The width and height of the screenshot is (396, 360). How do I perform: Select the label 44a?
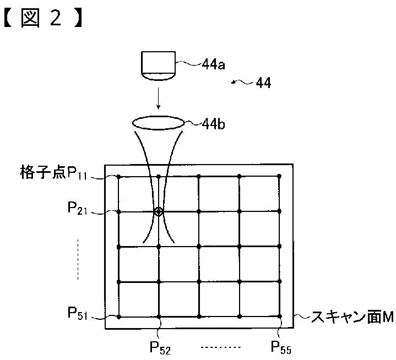213,64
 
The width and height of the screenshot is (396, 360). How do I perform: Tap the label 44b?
213,124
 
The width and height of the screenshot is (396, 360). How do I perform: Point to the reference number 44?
263,83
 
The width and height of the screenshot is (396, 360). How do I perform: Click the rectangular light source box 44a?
158,66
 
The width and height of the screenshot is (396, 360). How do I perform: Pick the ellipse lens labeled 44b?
158,123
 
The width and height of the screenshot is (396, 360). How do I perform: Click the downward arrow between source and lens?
158,99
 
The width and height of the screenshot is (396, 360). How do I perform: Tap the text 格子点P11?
53,173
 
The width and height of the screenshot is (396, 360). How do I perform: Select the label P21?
77,209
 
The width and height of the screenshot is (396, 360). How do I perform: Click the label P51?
78,313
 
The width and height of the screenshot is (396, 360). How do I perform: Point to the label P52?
160,348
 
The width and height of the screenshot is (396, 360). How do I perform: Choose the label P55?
281,347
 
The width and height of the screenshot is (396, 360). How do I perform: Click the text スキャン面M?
352,317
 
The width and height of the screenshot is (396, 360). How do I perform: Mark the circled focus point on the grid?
159,211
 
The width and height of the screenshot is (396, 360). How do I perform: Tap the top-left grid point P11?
118,177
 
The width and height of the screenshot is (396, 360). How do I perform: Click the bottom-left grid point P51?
119,317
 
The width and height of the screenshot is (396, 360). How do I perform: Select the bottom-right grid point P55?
280,316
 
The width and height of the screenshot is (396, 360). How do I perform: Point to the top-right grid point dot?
279,176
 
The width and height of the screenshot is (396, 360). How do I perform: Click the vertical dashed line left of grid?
78,259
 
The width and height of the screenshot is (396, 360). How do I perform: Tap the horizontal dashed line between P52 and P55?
221,347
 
